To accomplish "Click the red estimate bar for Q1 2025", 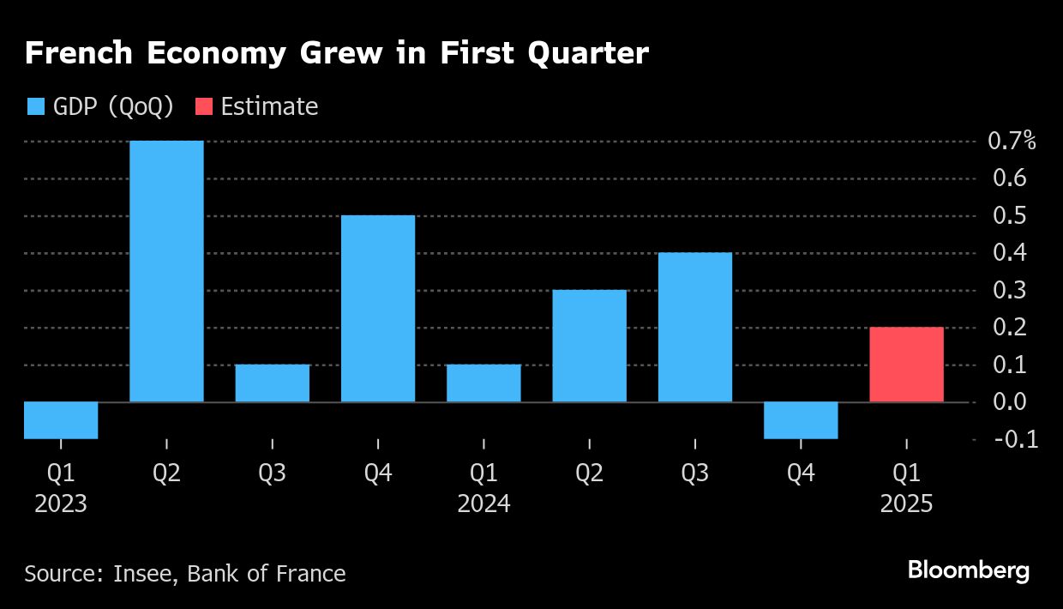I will pyautogui.click(x=906, y=365).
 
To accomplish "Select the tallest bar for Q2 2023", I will pyautogui.click(x=166, y=271).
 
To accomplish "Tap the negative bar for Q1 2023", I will pyautogui.click(x=61, y=420).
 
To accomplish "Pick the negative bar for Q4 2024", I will pyautogui.click(x=801, y=420).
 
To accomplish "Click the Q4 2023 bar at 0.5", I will pyautogui.click(x=378, y=309).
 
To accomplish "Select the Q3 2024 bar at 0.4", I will pyautogui.click(x=695, y=327).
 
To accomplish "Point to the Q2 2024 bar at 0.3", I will pyautogui.click(x=590, y=346).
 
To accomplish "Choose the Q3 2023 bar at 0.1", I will pyautogui.click(x=273, y=383).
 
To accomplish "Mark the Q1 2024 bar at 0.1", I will pyautogui.click(x=483, y=383).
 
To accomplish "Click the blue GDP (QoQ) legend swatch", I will pyautogui.click(x=35, y=106).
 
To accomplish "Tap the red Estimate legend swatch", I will pyautogui.click(x=204, y=106).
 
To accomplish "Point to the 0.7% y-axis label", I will pyautogui.click(x=1012, y=142).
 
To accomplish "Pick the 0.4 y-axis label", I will pyautogui.click(x=1007, y=253).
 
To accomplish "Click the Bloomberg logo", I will pyautogui.click(x=969, y=570).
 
